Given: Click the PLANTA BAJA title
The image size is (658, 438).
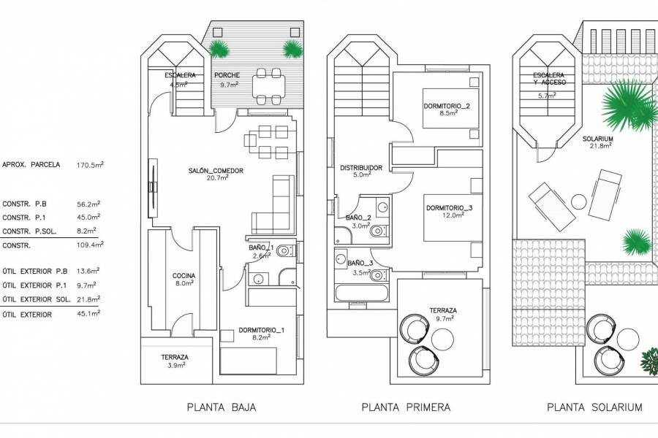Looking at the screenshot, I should coord(222,407).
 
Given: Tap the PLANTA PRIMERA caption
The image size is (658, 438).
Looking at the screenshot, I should coord(406,407).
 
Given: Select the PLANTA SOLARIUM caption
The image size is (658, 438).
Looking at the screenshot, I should coord(594,407).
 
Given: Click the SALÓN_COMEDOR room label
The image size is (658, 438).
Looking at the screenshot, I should coord(215,171).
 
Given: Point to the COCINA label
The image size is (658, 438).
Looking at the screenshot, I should coord(184,276).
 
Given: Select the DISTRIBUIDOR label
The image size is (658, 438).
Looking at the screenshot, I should coord(361,168).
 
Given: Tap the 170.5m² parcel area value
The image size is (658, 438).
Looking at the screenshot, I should coord(88,165).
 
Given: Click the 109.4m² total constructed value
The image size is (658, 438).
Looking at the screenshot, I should coord(88,246).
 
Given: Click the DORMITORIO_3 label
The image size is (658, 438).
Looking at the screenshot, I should coord(450,208).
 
